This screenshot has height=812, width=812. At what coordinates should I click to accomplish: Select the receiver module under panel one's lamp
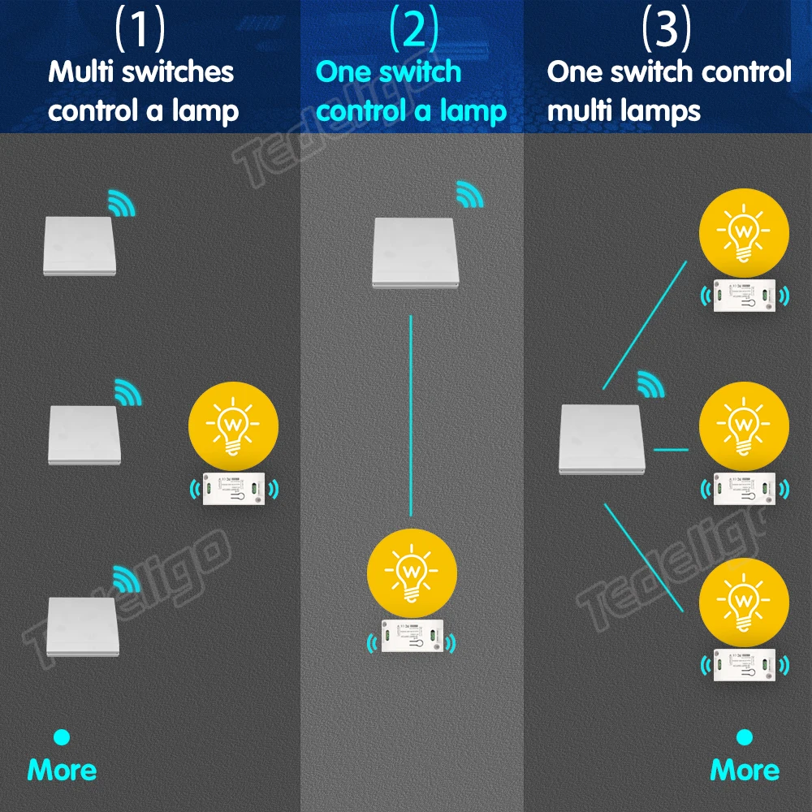tap(233, 490)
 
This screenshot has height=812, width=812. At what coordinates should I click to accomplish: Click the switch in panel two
tap(414, 252)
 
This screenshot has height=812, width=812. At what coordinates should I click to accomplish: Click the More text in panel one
tap(62, 769)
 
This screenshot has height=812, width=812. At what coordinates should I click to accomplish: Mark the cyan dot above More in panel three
tap(745, 737)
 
